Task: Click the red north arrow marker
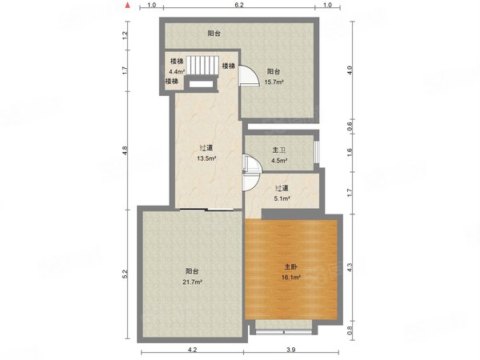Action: point(129,5)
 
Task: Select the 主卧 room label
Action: point(291,267)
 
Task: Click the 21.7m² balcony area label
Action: point(192,282)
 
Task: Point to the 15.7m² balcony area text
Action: point(274,82)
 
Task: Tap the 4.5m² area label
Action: point(279,161)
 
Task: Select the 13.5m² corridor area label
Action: point(206,158)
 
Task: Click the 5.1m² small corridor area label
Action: point(282,198)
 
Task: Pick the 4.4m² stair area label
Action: point(177,72)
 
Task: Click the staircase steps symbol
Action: point(202,66)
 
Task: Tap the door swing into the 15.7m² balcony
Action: point(248,76)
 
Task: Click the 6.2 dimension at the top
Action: point(239,6)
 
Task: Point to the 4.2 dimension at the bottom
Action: point(192,350)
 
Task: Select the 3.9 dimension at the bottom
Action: point(291,350)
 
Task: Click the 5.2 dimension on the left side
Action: point(125,274)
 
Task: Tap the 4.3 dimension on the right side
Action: point(350,267)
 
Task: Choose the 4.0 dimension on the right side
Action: point(350,70)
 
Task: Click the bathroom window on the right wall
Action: point(316,151)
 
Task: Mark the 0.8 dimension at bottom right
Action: point(350,330)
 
